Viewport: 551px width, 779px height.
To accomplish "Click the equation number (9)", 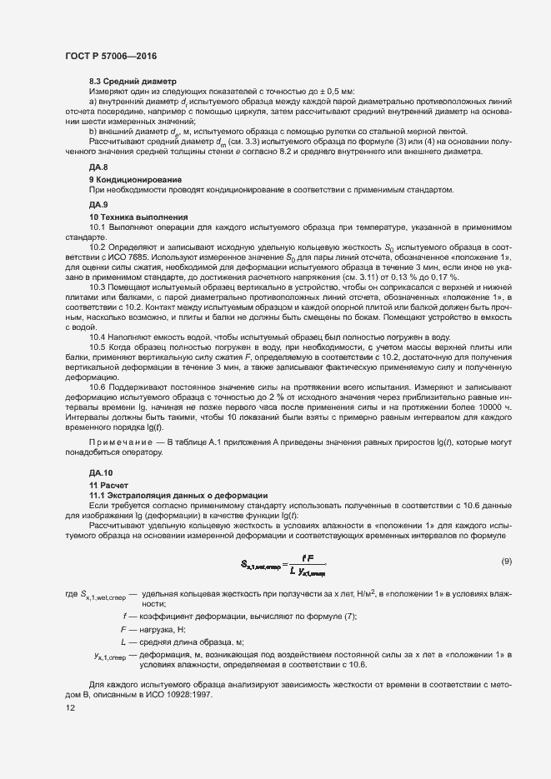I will (506, 562).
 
